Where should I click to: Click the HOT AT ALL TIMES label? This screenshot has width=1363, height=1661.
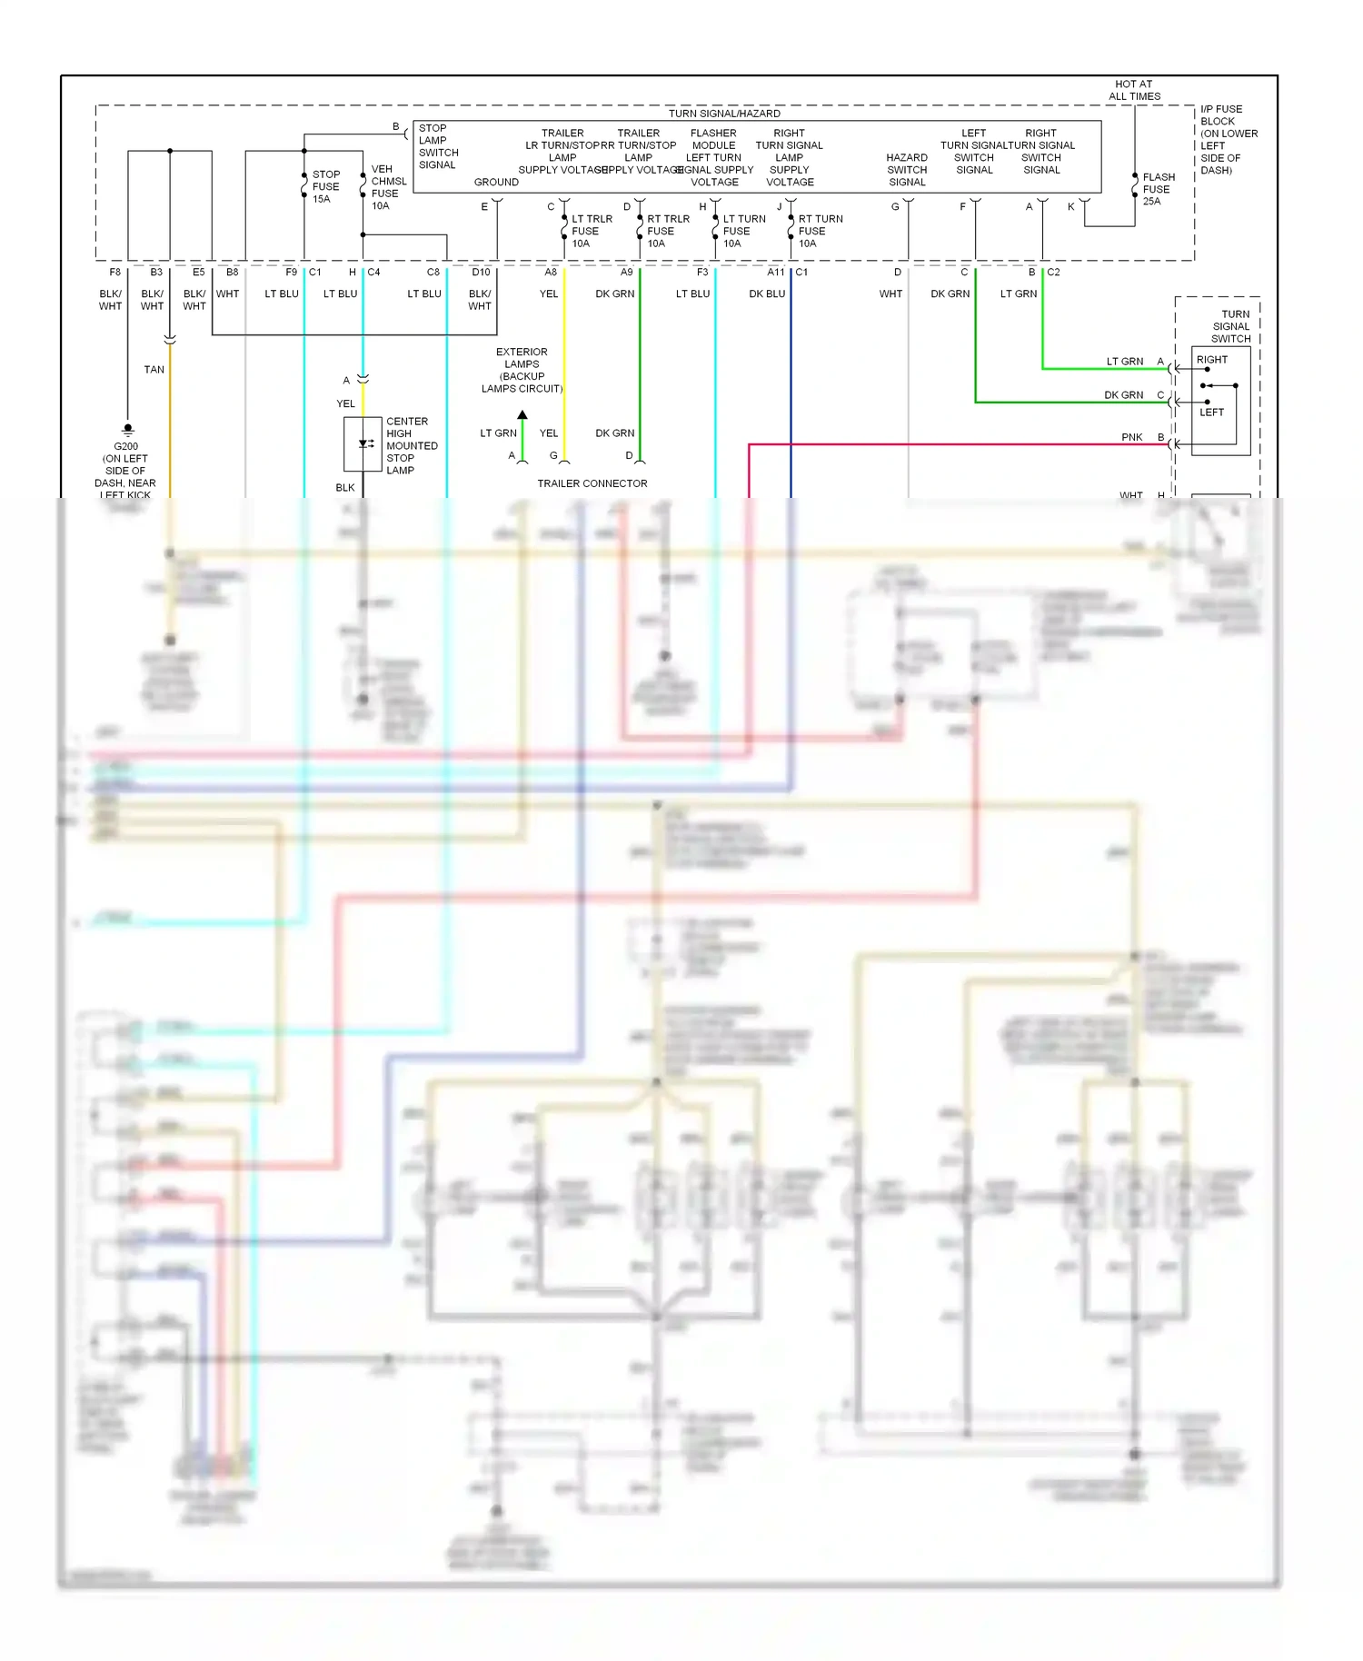1133,90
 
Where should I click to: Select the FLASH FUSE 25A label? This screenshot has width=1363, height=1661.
1158,189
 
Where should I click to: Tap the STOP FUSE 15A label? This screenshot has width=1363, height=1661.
325,186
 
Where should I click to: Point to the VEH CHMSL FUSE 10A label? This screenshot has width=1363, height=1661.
387,187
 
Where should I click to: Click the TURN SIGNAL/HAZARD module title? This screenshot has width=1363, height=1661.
724,114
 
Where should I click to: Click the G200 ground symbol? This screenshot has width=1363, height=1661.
128,429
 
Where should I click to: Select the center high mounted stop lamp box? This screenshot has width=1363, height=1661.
363,444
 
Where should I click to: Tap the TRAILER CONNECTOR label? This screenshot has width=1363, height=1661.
592,483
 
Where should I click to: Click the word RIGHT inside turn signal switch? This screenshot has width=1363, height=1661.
1211,360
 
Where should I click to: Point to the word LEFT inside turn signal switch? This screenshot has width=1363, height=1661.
1211,413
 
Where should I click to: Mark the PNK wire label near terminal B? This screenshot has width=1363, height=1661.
1131,437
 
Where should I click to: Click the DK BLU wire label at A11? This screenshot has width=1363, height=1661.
766,294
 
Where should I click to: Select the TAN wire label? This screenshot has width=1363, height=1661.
154,370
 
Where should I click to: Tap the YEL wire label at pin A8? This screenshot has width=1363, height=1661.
549,294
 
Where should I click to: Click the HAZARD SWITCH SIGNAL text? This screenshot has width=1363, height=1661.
906,170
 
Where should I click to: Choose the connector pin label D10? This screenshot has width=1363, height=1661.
481,273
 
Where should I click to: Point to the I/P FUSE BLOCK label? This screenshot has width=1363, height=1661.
1228,139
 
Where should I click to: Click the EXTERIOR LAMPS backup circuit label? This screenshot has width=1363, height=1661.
522,370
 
